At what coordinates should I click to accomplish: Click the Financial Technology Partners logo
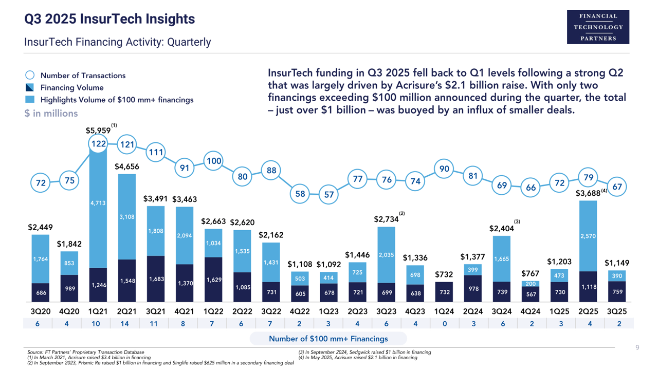pyautogui.click(x=598, y=27)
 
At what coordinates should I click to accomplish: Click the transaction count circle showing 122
pyautogui.click(x=98, y=144)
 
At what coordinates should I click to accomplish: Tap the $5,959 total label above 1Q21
pyautogui.click(x=98, y=131)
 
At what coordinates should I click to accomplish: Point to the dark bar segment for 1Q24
pyautogui.click(x=445, y=292)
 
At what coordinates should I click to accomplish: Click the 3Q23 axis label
pyautogui.click(x=387, y=311)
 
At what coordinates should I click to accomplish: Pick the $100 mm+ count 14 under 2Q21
pyautogui.click(x=127, y=324)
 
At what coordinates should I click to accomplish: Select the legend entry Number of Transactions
pyautogui.click(x=83, y=76)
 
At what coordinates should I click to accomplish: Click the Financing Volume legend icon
pyautogui.click(x=30, y=88)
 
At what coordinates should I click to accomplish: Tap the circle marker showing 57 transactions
pyautogui.click(x=328, y=195)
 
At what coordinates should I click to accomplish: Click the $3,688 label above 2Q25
pyautogui.click(x=588, y=193)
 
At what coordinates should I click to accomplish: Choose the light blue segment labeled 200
pyautogui.click(x=531, y=284)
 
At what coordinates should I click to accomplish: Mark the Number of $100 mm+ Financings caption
pyautogui.click(x=328, y=339)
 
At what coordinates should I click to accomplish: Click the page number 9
pyautogui.click(x=637, y=348)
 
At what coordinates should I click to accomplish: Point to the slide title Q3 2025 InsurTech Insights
pyautogui.click(x=110, y=20)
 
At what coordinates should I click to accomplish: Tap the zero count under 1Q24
pyautogui.click(x=445, y=324)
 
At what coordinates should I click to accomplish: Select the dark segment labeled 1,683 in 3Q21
pyautogui.click(x=156, y=279)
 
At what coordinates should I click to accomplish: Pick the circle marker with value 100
pyautogui.click(x=213, y=161)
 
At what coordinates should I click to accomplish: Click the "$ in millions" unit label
pyautogui.click(x=51, y=114)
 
